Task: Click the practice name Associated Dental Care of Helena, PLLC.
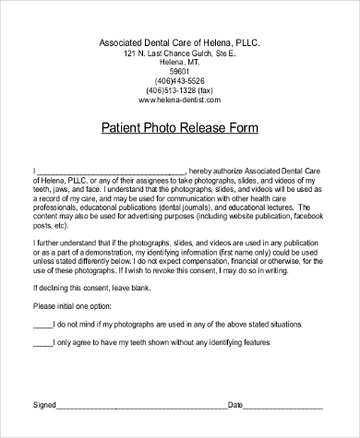pyautogui.click(x=179, y=42)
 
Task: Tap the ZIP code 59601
pyautogui.click(x=179, y=71)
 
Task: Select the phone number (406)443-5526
pyautogui.click(x=179, y=80)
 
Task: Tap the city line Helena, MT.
pyautogui.click(x=179, y=62)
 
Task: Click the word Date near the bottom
pyautogui.click(x=235, y=405)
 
